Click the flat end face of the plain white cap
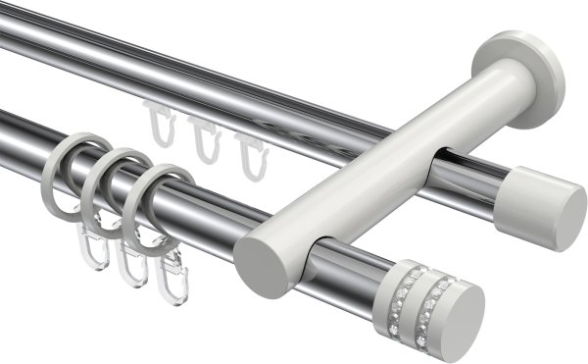pyautogui.click(x=566, y=217)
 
